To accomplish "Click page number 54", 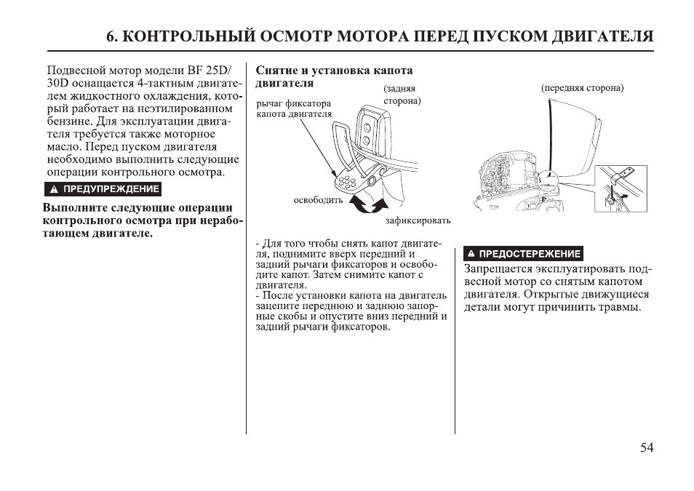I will tap(647, 448).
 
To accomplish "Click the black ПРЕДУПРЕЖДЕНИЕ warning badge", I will tap(102, 190).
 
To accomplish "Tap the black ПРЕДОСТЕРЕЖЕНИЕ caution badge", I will tap(523, 254).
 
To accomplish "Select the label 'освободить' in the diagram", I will tap(318, 200).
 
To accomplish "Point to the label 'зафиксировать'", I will tap(418, 220).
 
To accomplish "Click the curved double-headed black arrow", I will tap(364, 206).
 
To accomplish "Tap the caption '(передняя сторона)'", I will tap(582, 88).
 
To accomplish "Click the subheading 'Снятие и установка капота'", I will tap(334, 71).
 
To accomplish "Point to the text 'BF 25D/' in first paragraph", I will tap(207, 71).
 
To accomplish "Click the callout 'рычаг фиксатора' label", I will tap(294, 103).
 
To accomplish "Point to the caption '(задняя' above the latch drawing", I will tap(400, 88).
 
